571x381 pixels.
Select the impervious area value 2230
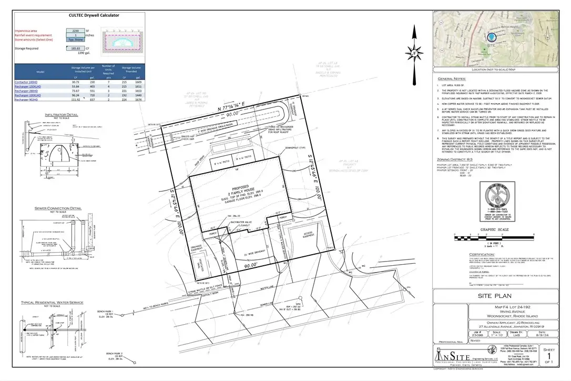click(x=76, y=31)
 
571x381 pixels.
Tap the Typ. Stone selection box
click(x=76, y=39)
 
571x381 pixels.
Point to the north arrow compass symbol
click(x=414, y=52)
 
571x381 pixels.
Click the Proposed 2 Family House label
click(x=236, y=189)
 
